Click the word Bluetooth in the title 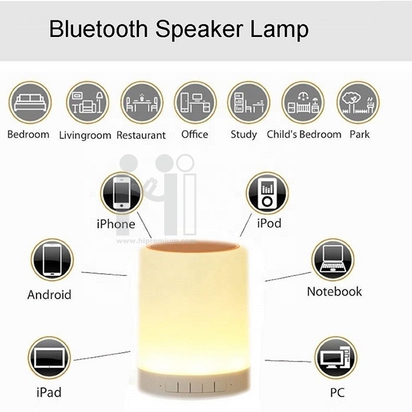tap(99, 29)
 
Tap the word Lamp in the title tap(280, 30)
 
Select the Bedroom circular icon tap(30, 102)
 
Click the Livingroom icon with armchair tap(88, 102)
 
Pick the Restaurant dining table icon tap(142, 102)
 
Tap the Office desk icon tap(195, 102)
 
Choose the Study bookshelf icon tap(249, 102)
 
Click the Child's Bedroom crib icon tap(303, 102)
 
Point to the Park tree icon tap(358, 102)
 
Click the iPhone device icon tap(122, 193)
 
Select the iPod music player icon tap(267, 193)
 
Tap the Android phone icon tap(52, 260)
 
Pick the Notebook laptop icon tap(333, 260)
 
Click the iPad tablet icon tap(49, 358)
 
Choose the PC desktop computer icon tap(336, 358)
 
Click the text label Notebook tap(334, 292)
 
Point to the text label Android tap(49, 294)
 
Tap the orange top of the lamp tap(192, 247)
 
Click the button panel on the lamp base tap(196, 387)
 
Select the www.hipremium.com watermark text tap(156, 241)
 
